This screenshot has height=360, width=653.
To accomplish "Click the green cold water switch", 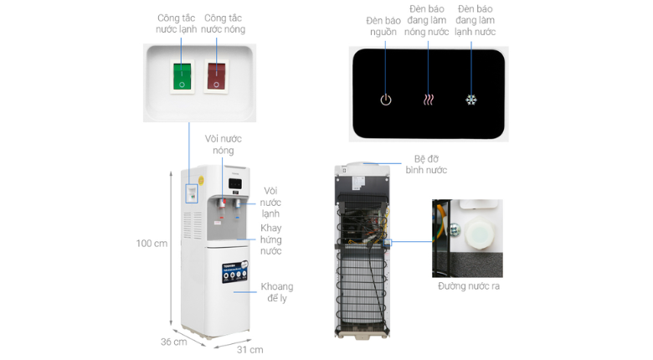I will pos(182,76).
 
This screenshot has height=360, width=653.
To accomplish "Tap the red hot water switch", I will pos(216,76).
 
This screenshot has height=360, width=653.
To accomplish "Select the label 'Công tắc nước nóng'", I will pos(224,23).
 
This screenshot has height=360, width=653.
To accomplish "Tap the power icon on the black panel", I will pos(385,100).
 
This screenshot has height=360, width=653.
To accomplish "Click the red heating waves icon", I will pos(428,100).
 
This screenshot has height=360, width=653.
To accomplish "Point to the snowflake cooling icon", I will pos(471,100).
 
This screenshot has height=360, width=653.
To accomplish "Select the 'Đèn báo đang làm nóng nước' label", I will pos(428,20).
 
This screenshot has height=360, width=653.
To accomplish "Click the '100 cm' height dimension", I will pos(152,244).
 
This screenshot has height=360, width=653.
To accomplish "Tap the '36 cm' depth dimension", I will pos(174,342).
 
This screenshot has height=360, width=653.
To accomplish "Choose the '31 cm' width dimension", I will pos(250,349).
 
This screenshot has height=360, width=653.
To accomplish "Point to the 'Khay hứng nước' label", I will pos(270,239).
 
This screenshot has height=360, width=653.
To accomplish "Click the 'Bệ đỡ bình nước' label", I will pos(430,163).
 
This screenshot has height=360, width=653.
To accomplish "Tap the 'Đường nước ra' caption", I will pos(468,287).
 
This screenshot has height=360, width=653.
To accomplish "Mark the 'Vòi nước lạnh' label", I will pos(270,202).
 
